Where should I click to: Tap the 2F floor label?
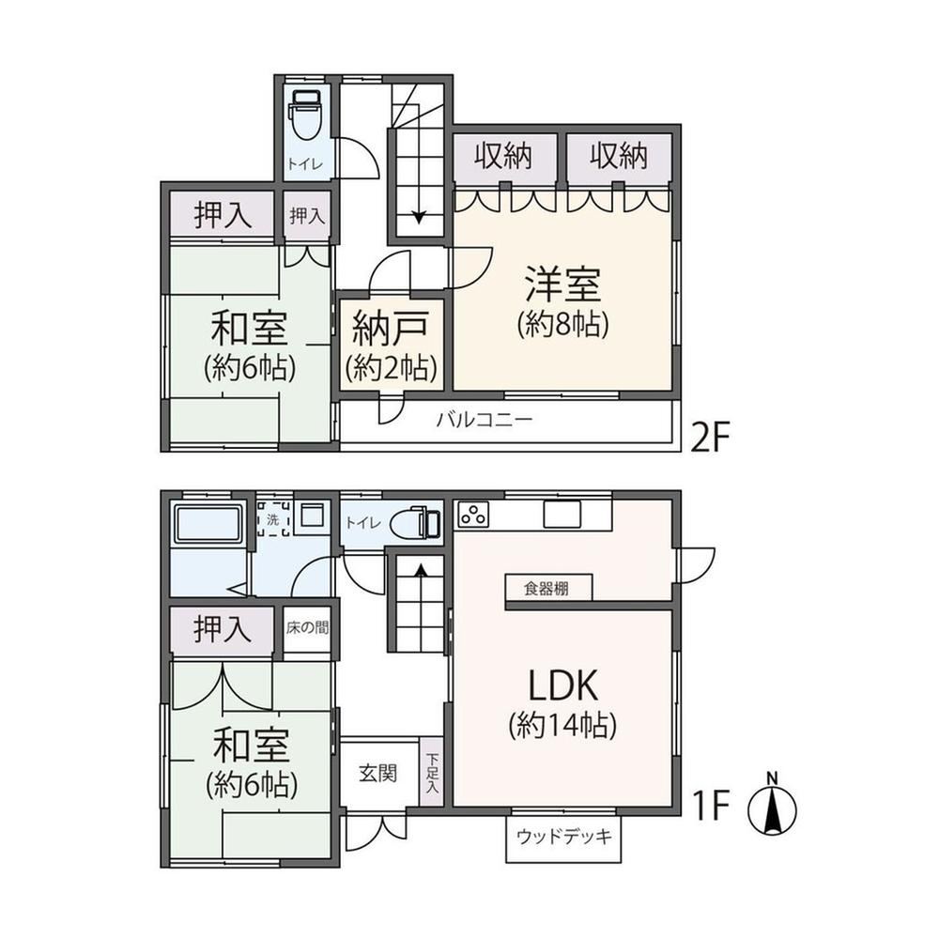(x=711, y=439)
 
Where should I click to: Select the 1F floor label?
(x=711, y=805)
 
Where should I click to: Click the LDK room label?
(x=562, y=685)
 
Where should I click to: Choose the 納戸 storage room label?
(x=391, y=329)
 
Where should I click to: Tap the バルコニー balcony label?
(x=484, y=419)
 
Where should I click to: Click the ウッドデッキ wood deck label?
(x=564, y=836)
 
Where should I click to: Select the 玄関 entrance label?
(x=377, y=773)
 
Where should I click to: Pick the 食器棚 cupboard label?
(x=546, y=589)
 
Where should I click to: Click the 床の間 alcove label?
(x=307, y=627)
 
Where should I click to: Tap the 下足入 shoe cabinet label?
(x=432, y=773)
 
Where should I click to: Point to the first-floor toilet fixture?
(x=416, y=522)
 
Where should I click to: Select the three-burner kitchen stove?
(x=473, y=515)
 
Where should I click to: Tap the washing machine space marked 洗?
(x=273, y=518)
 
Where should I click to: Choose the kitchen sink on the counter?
(x=562, y=514)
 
